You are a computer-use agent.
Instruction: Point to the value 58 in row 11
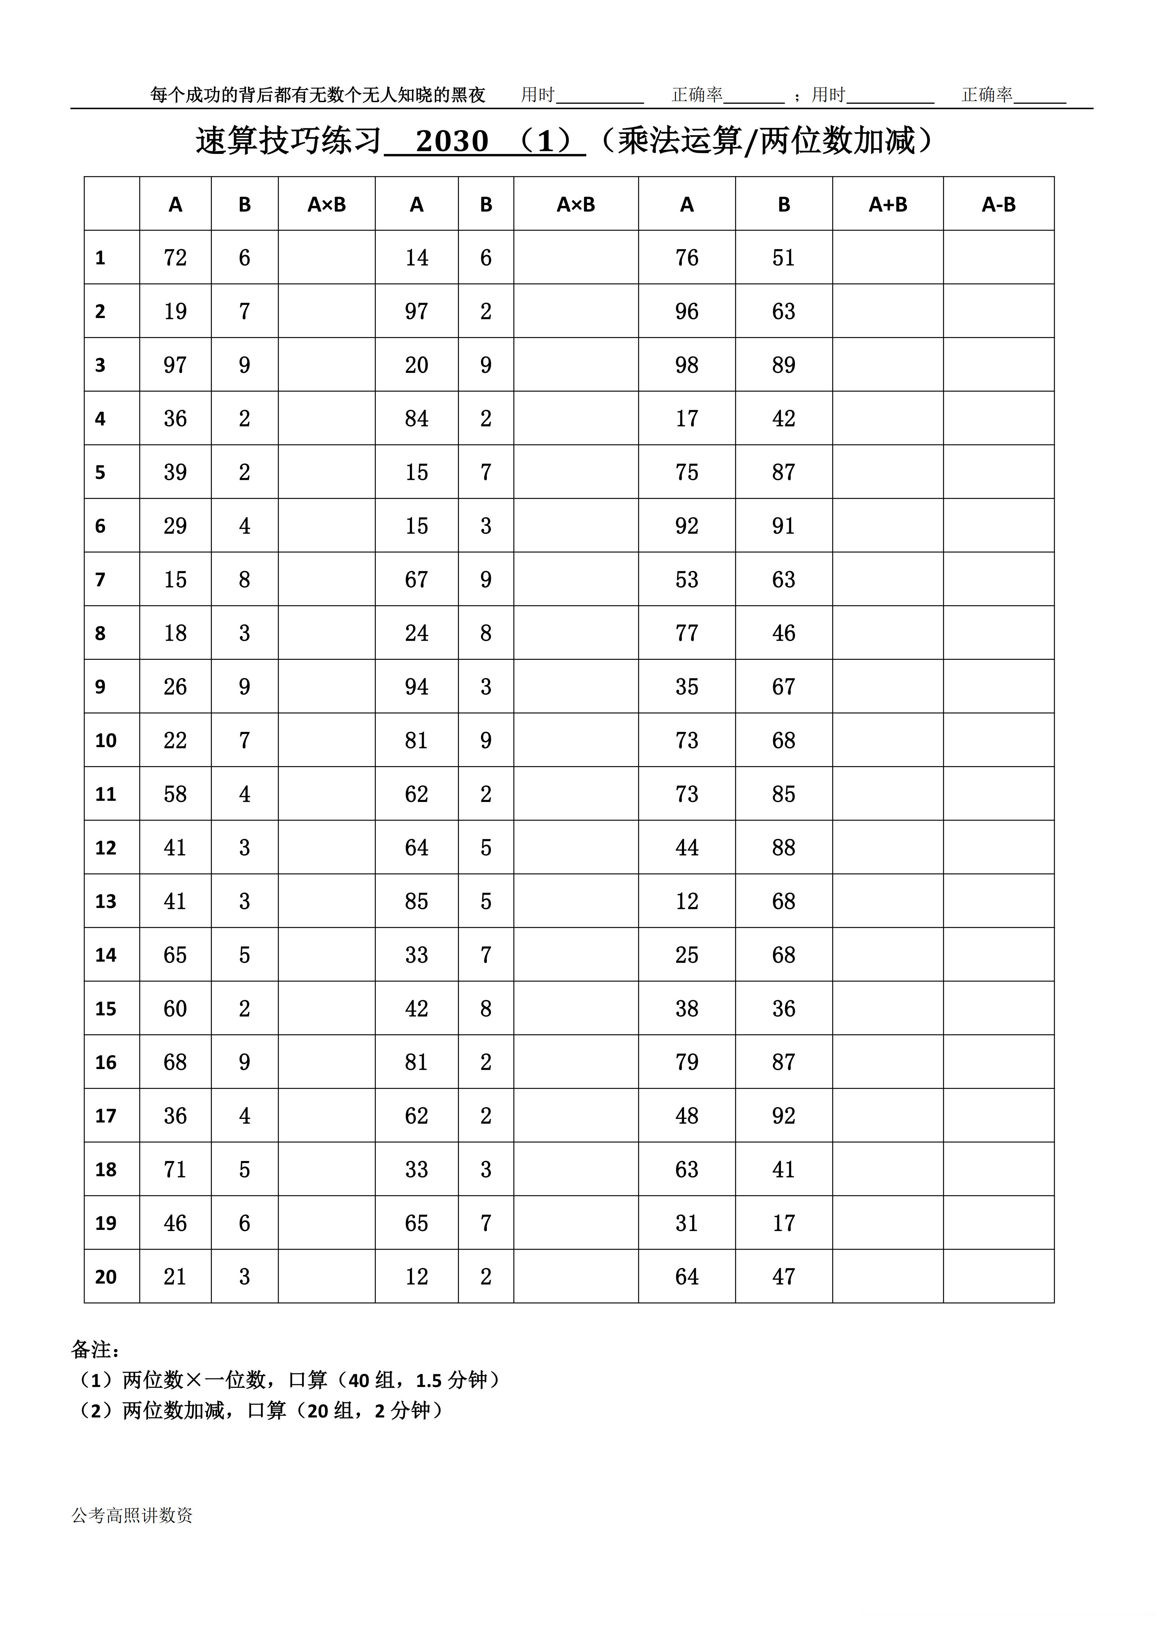point(175,794)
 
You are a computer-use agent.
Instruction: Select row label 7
point(100,580)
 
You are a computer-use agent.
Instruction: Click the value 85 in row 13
point(416,901)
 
